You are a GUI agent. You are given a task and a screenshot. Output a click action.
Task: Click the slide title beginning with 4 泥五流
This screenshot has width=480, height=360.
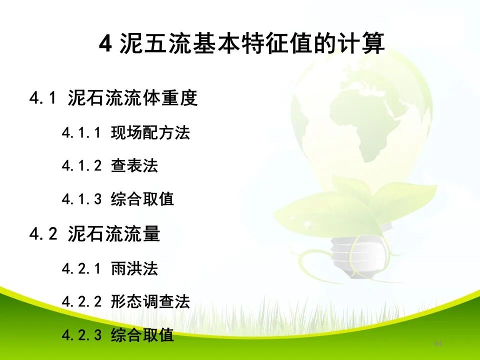[242, 44]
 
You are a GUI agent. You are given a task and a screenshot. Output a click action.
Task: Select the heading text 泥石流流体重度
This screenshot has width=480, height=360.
[132, 98]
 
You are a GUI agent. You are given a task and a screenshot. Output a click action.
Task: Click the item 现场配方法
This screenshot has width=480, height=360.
[150, 133]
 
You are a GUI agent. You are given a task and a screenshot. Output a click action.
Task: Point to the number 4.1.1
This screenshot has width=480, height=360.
[82, 133]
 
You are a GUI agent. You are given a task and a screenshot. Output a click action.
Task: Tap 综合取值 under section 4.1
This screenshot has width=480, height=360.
[142, 199]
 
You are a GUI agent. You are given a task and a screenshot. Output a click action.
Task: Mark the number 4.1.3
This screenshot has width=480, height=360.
[82, 199]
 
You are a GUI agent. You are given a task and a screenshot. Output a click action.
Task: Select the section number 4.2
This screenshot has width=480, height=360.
[43, 233]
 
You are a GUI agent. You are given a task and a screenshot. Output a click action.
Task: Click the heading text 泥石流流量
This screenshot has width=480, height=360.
[113, 233]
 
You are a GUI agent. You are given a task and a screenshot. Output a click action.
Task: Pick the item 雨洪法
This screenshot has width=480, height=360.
[134, 269]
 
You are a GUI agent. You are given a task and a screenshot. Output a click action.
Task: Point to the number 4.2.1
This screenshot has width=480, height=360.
[82, 269]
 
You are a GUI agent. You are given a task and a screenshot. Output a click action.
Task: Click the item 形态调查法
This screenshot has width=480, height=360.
[150, 302]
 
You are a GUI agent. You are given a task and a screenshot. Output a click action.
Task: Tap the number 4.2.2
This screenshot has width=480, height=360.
[82, 302]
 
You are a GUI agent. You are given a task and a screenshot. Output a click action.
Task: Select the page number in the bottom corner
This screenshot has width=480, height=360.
[438, 344]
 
